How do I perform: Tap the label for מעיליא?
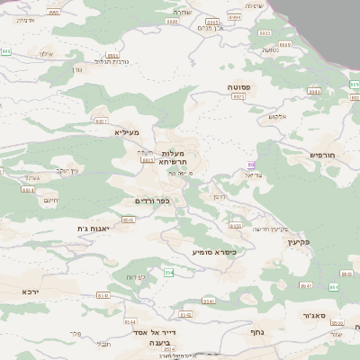(x=126, y=131)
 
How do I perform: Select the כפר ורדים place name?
(x=151, y=201)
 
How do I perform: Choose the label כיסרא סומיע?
(x=214, y=252)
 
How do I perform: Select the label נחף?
(x=256, y=331)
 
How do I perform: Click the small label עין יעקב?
(x=67, y=170)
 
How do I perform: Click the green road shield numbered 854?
(x=167, y=272)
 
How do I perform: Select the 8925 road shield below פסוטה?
(x=238, y=96)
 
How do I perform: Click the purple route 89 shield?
(x=251, y=165)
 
